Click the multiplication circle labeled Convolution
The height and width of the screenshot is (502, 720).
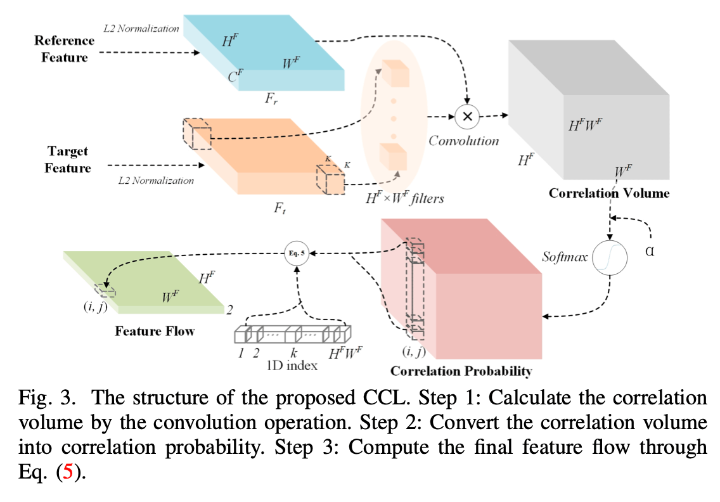tap(468, 116)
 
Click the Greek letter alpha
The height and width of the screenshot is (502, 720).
tap(650, 251)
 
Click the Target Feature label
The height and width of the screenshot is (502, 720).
tap(68, 160)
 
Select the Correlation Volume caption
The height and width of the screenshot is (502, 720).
tap(609, 193)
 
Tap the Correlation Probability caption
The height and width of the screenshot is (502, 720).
tap(461, 371)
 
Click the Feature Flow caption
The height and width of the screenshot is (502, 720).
tap(155, 331)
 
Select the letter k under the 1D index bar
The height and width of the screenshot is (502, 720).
tap(293, 353)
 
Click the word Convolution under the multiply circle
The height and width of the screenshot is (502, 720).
tap(463, 141)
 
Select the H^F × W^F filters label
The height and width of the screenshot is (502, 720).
tap(405, 198)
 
